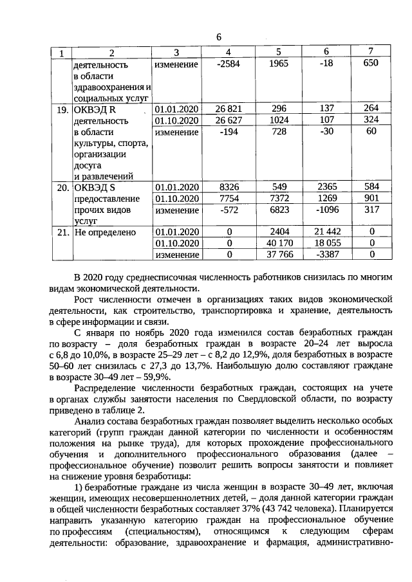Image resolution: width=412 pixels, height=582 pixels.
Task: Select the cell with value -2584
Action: tap(229, 65)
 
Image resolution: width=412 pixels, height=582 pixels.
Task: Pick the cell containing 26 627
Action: tap(229, 120)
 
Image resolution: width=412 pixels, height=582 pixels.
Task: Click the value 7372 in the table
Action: tap(279, 198)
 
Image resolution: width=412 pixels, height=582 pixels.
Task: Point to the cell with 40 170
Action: tap(279, 243)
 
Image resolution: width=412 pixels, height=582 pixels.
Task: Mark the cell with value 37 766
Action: tap(279, 255)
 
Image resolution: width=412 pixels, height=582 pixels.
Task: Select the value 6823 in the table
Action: tap(279, 210)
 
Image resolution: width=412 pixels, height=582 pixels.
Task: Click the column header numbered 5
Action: tap(279, 51)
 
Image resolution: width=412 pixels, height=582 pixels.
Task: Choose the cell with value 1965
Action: tap(279, 65)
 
